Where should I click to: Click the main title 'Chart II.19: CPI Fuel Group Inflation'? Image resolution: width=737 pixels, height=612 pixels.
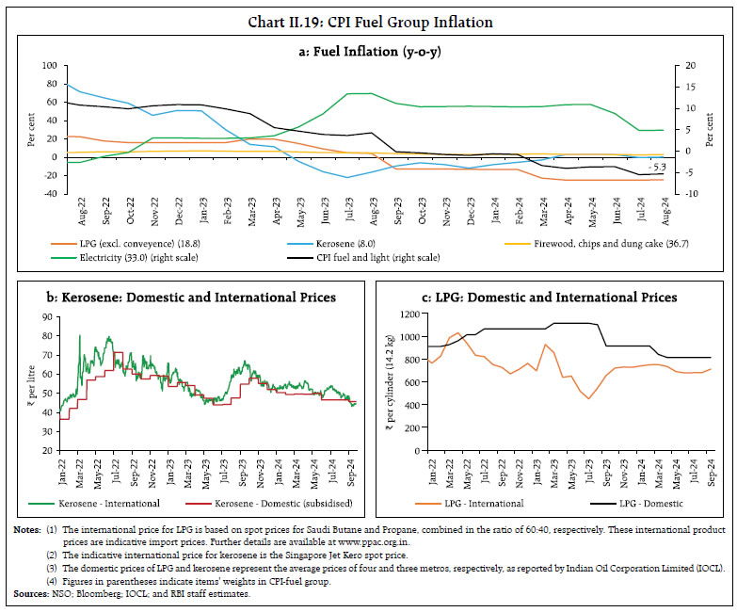click(x=370, y=21)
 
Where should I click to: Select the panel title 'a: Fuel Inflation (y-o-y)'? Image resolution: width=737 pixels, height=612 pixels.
click(x=370, y=51)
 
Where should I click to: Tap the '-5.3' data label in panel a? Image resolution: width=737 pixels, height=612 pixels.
click(x=655, y=168)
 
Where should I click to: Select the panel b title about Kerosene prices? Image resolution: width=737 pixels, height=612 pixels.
click(x=189, y=298)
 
